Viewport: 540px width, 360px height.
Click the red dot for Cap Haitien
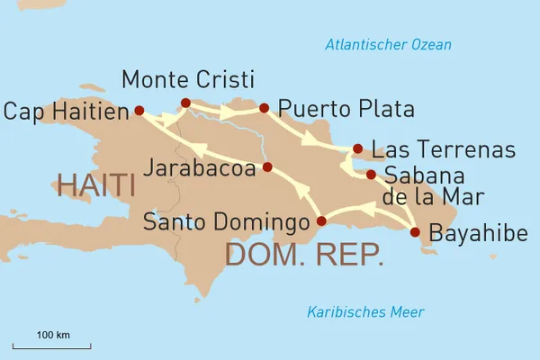point(139,111)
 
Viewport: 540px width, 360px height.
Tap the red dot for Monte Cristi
point(185,103)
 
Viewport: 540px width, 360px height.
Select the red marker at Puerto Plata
point(264,109)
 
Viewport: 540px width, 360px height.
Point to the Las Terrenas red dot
point(358,148)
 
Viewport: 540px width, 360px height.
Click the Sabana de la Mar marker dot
point(371,175)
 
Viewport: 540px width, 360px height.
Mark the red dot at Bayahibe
point(415,232)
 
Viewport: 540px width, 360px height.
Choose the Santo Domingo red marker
point(321,220)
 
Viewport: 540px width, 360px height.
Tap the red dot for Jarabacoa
point(267,167)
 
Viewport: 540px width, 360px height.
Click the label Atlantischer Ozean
point(389,45)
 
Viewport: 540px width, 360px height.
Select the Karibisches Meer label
point(365,312)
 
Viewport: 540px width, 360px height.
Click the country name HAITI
point(95,186)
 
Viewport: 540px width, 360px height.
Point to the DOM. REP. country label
point(303,254)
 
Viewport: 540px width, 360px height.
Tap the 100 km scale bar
point(52,345)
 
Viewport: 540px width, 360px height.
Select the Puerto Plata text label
point(346,110)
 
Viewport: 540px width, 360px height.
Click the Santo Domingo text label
point(225,221)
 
